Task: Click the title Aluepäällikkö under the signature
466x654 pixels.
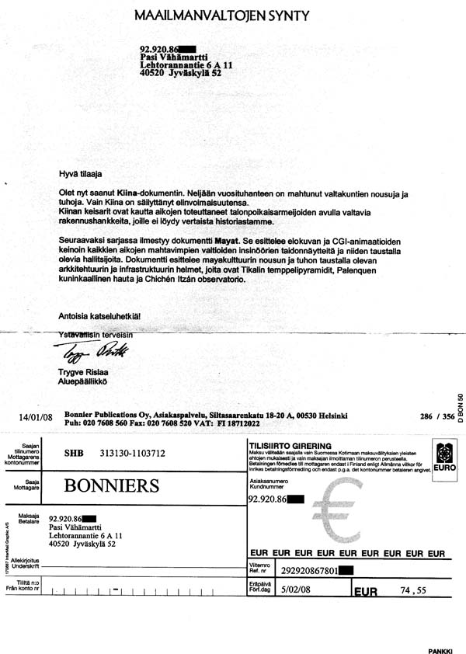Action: tap(82, 382)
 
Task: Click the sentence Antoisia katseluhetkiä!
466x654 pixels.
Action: tap(100, 316)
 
